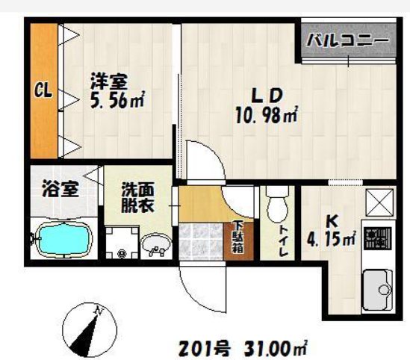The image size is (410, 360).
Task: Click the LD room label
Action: click(265, 96)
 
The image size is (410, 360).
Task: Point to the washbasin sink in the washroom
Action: click(157, 244)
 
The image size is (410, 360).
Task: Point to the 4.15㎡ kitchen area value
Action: click(332, 240)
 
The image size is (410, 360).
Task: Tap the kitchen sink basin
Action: click(376, 286)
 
